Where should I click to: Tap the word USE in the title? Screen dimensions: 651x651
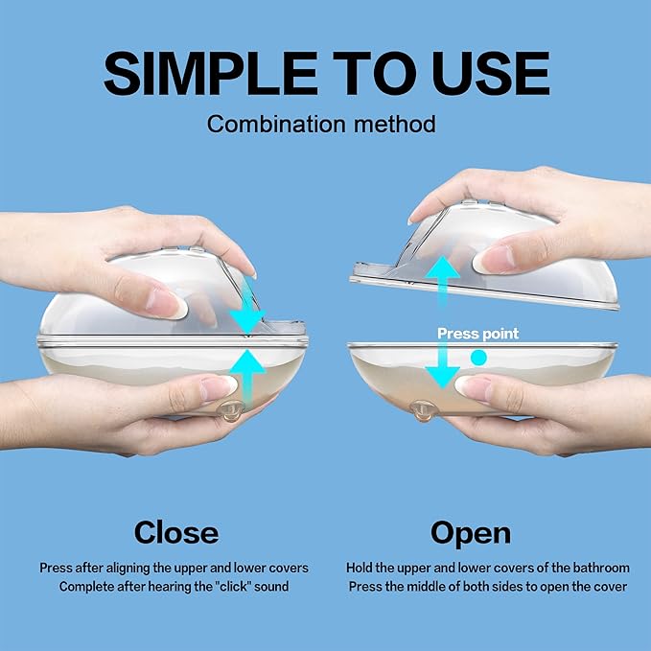tap(491, 73)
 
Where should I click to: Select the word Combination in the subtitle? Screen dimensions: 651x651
tap(276, 124)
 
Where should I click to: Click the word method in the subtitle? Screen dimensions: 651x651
tap(395, 124)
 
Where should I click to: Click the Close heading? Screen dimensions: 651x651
tap(176, 533)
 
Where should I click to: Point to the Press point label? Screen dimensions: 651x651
tap(477, 334)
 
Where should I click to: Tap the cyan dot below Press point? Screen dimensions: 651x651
tap(478, 358)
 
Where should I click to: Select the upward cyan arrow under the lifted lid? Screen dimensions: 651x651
tap(443, 282)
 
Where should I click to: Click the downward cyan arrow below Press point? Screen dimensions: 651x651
tap(443, 364)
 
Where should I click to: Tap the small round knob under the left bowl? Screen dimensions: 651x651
tap(230, 411)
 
